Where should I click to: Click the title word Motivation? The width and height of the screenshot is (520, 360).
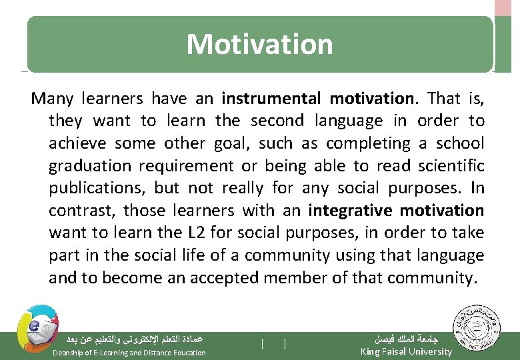[259, 44]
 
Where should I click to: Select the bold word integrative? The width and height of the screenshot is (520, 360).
[351, 211]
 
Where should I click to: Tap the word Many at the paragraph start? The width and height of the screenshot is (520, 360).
[53, 99]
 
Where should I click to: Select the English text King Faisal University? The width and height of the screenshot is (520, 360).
[405, 351]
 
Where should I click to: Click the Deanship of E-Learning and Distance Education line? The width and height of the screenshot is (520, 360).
[129, 352]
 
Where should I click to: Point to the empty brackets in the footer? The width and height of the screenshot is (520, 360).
[274, 343]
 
